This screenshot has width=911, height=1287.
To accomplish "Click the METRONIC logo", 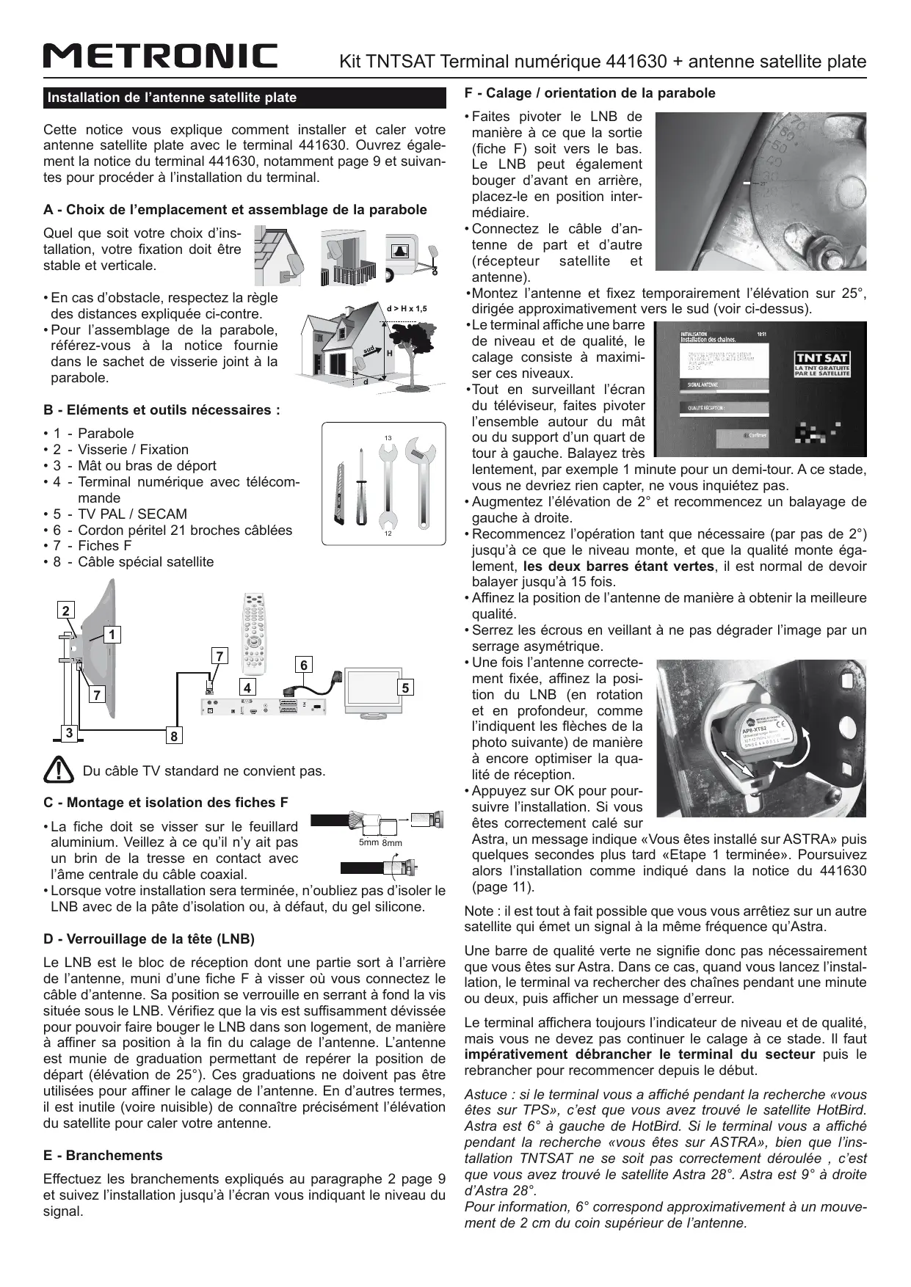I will click(x=160, y=56).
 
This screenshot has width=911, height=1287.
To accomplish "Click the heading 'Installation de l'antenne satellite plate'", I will click(x=172, y=98).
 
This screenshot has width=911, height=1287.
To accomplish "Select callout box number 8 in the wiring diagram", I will click(x=175, y=734).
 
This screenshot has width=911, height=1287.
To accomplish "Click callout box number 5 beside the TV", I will click(x=405, y=688).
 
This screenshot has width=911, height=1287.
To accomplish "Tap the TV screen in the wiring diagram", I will click(x=371, y=690).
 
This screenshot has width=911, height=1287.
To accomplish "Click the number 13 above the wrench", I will click(x=388, y=438).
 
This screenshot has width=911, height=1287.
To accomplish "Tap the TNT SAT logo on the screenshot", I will click(x=822, y=364).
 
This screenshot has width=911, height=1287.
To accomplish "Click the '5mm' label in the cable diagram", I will click(x=368, y=842).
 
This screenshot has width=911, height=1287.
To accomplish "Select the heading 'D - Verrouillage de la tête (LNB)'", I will click(x=149, y=938).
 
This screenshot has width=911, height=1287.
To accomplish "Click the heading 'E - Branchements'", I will click(x=103, y=1155).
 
